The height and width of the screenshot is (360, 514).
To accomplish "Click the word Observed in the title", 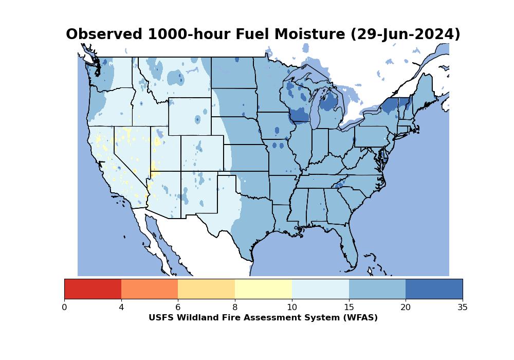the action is click(104, 34).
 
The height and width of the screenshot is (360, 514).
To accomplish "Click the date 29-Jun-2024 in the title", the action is click(406, 34).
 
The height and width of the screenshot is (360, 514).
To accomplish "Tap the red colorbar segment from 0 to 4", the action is click(93, 289).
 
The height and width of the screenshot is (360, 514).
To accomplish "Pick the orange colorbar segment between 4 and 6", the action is click(150, 289).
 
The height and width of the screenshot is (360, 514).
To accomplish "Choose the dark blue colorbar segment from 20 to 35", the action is click(434, 289).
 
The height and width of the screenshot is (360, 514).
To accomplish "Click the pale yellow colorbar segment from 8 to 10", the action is click(263, 289).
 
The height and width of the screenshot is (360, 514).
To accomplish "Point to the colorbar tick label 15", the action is click(349, 307).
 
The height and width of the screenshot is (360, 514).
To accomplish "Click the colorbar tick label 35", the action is click(463, 307).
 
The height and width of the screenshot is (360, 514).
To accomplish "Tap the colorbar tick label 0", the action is click(64, 307).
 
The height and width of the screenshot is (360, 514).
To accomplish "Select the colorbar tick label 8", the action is click(235, 307).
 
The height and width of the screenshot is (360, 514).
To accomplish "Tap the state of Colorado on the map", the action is click(202, 153).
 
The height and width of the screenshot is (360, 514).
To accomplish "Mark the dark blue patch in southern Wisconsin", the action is click(300, 115).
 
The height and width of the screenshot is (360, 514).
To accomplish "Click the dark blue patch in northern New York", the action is click(390, 105).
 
